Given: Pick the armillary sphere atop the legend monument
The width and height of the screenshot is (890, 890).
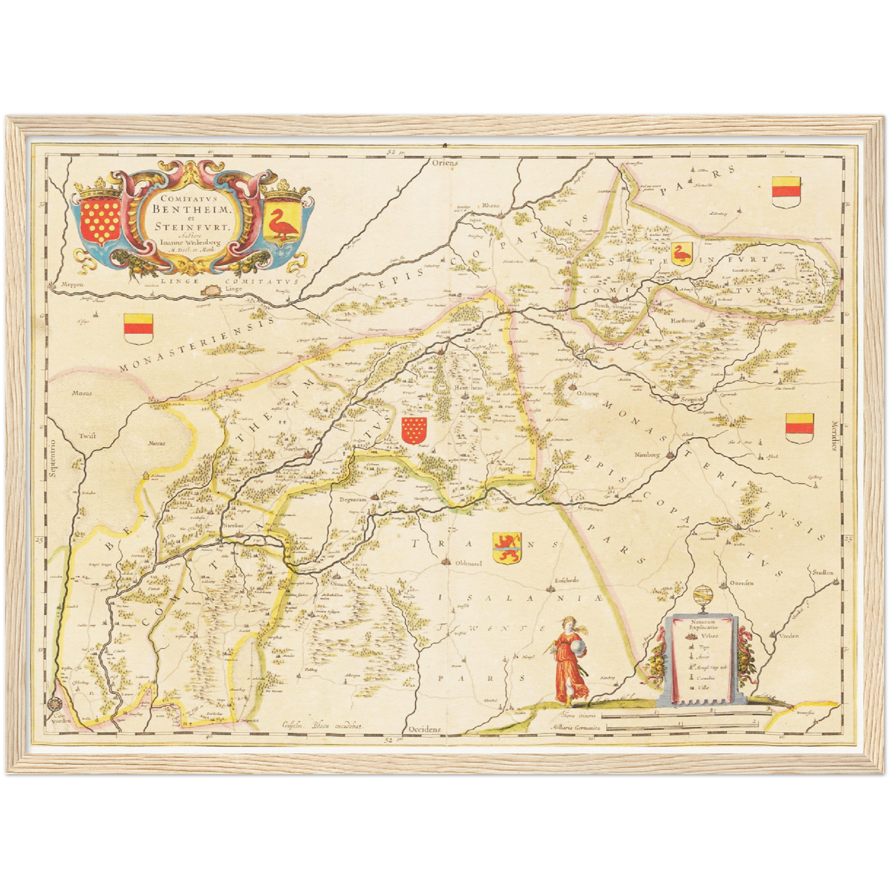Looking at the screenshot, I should point(700,597).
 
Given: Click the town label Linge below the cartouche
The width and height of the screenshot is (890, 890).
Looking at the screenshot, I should point(233,288).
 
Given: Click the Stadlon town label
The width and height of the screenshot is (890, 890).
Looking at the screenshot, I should point(822,572).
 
